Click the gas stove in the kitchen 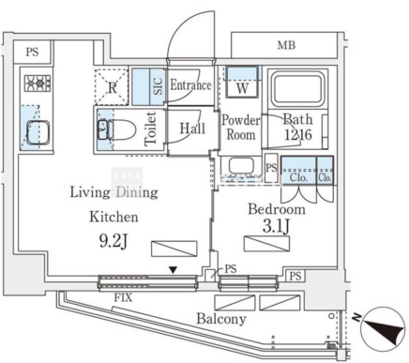38,83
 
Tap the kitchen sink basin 38,132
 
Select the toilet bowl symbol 117,130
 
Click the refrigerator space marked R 112,86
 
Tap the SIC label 159,86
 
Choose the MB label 286,45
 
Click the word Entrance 190,85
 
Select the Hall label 192,129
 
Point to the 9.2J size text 114,241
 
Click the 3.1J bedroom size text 276,227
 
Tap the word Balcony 221,319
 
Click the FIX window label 123,297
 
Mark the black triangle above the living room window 173,269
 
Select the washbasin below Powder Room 241,166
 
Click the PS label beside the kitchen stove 32,52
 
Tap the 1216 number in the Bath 298,135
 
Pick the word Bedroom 277,209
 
